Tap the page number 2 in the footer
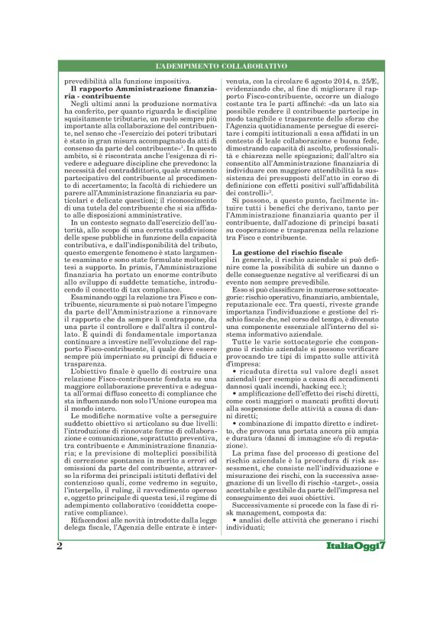pyautogui.click(x=60, y=547)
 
